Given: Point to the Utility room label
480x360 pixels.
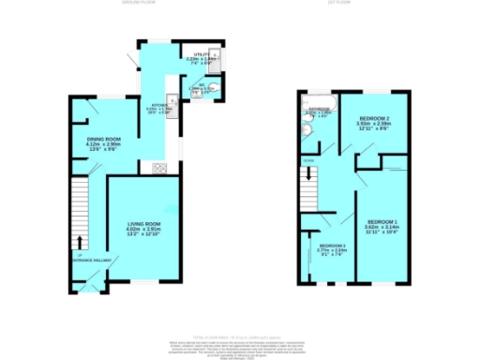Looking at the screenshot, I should click(x=200, y=56).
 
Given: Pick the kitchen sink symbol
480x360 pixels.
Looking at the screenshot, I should click(x=172, y=103).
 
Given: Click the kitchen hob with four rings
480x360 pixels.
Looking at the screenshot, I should click(x=158, y=169).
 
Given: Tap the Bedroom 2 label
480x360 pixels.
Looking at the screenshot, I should click(x=372, y=116).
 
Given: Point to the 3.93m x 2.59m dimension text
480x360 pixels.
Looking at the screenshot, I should click(x=372, y=123).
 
